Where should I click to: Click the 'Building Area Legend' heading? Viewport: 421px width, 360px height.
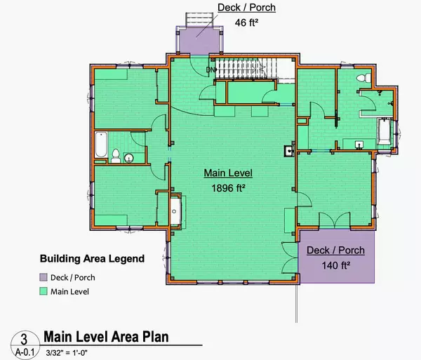point(102,258)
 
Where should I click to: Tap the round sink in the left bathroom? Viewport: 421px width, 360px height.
point(128,158)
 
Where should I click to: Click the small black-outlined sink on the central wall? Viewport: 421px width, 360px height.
point(288,149)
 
